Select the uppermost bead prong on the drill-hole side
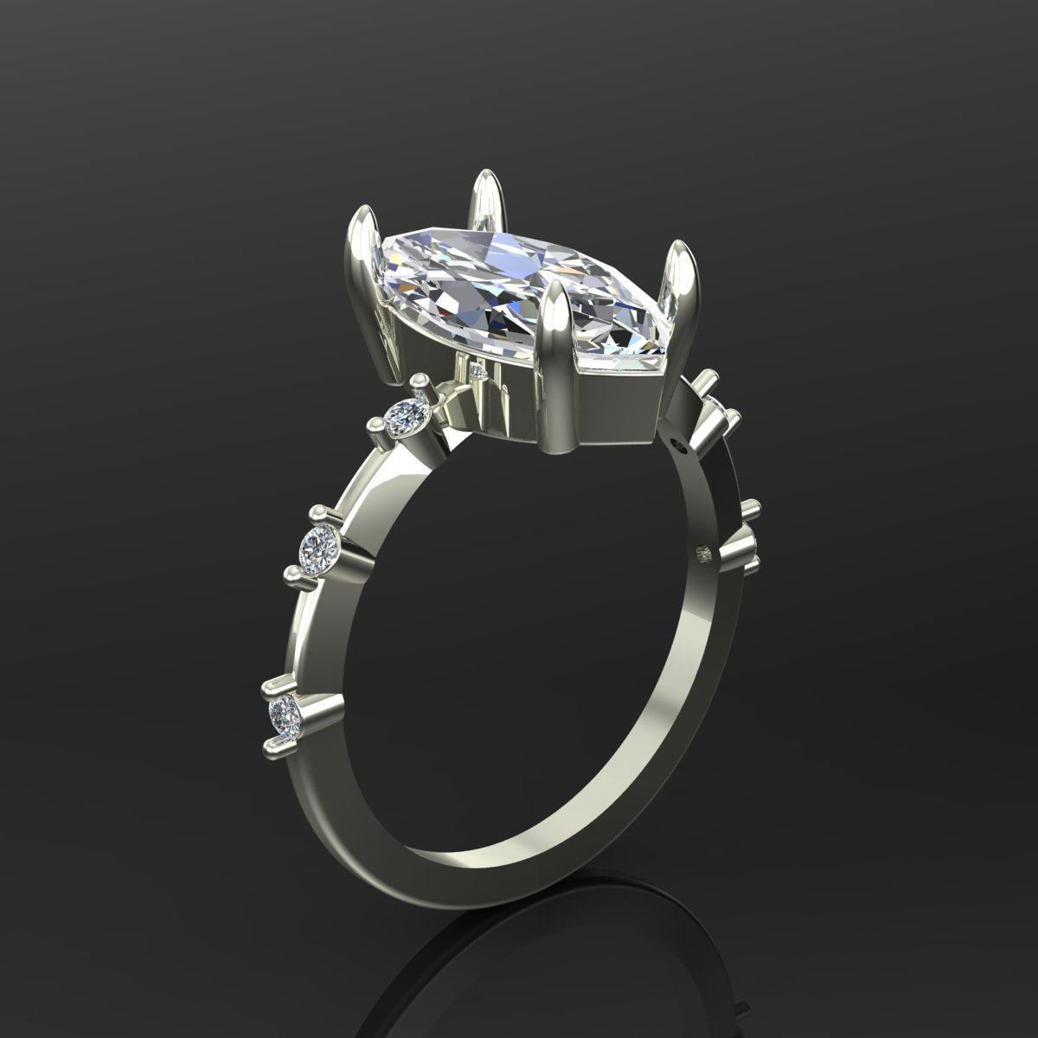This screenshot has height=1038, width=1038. pyautogui.click(x=708, y=379)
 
